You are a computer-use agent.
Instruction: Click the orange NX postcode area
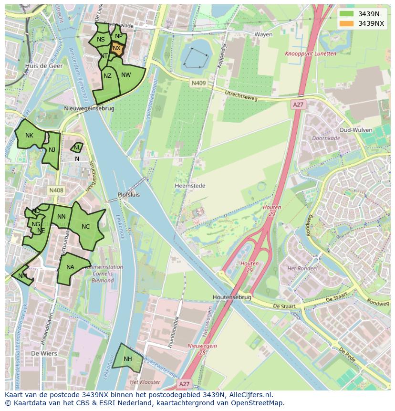coord(117,49)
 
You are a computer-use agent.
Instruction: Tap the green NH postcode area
coord(128,358)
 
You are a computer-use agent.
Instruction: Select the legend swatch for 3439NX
coord(347,23)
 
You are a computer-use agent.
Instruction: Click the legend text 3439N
coord(369,14)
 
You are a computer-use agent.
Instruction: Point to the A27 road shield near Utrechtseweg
coord(298,105)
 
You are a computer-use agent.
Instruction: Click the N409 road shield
coord(198,83)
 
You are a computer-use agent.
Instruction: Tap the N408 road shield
coord(56,190)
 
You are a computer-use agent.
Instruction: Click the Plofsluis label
coord(129,195)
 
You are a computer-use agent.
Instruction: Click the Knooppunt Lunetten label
coord(310,54)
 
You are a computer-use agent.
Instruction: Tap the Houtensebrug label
coord(232,297)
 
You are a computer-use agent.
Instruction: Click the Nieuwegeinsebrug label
coord(89,108)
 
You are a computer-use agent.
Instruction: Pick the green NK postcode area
coord(30,136)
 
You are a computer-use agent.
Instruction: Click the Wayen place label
coord(263,34)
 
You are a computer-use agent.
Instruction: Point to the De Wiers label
coord(44,354)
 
